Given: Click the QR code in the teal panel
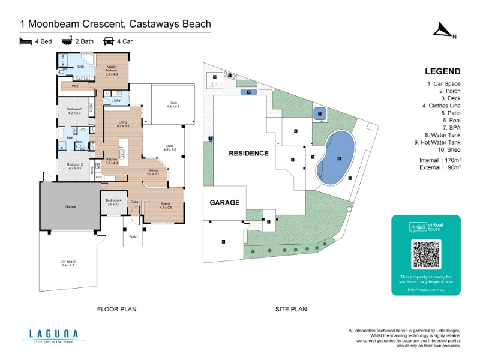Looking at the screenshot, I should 425,254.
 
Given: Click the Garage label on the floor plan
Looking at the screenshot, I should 71,206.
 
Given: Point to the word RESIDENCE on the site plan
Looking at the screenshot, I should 248,153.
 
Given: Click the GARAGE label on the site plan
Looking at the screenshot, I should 224,202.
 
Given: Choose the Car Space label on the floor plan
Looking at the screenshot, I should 68,263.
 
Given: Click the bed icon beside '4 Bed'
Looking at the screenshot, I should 25,41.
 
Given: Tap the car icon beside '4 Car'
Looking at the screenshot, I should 109,41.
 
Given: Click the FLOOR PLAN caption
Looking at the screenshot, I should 117,310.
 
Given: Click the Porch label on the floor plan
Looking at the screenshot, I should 133,236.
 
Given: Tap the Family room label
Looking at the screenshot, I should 166,205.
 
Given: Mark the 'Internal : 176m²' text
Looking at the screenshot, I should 440,161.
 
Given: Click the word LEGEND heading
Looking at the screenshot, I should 442,71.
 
